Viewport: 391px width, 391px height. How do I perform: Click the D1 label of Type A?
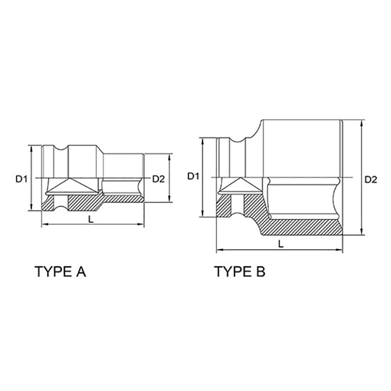[x=21, y=178]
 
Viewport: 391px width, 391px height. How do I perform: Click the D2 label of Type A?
[x=158, y=179]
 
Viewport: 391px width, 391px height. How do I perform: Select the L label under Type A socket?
[x=91, y=219]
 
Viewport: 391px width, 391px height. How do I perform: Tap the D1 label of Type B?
[x=193, y=176]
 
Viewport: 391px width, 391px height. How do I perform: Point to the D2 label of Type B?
[x=371, y=179]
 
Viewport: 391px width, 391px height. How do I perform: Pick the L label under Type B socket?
[x=281, y=244]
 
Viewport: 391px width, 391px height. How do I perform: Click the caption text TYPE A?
[x=61, y=272]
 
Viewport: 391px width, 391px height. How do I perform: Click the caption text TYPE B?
[x=240, y=272]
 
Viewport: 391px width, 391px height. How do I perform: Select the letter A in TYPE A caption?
[x=81, y=272]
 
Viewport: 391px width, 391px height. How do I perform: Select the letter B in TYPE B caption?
[x=261, y=272]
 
